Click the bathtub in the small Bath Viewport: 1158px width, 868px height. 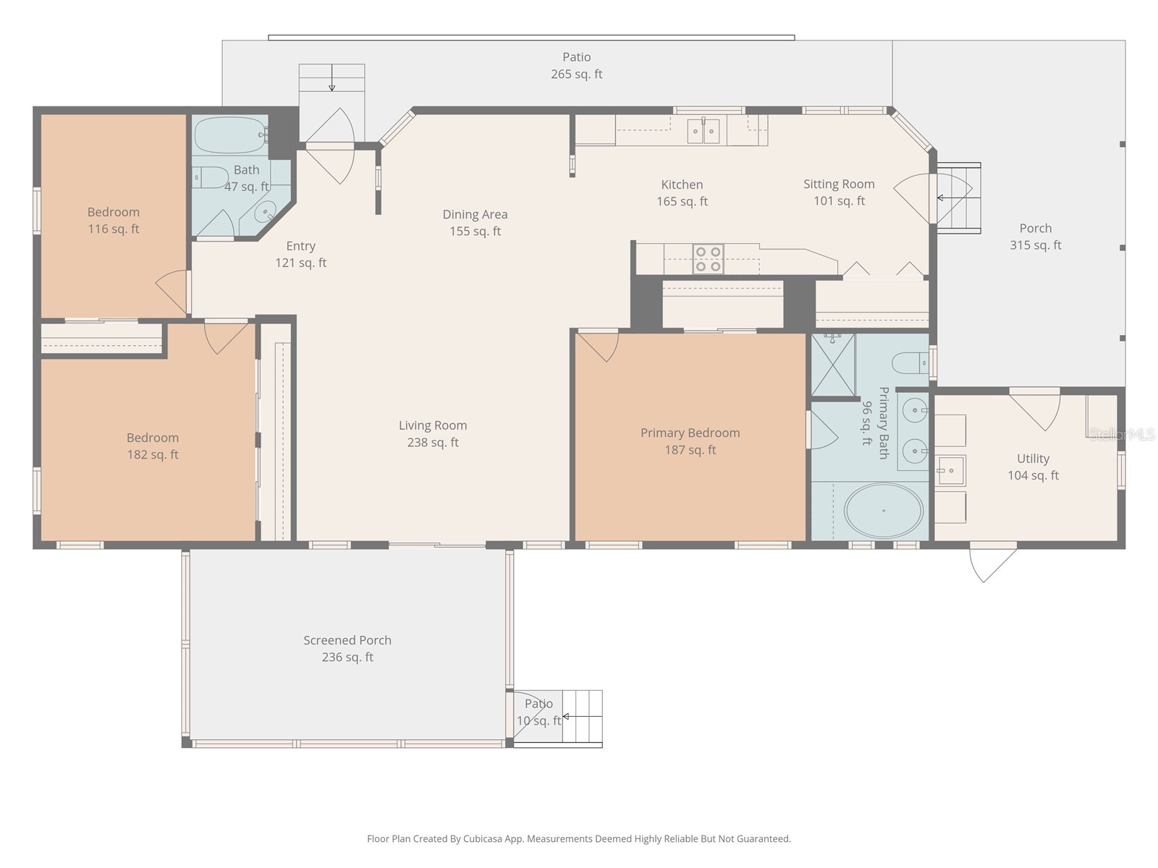(x=230, y=135)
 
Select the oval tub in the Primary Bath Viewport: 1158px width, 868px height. (x=883, y=511)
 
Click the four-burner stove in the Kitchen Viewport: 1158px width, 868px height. (x=708, y=259)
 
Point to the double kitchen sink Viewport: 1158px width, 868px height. (x=703, y=131)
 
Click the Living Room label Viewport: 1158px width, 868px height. (x=433, y=425)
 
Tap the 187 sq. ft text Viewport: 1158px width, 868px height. (x=690, y=450)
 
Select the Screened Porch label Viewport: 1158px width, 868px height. (x=347, y=640)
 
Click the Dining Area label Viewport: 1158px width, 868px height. (x=475, y=214)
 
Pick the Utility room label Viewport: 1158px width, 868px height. (x=1033, y=459)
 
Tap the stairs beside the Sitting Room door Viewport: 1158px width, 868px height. (x=959, y=197)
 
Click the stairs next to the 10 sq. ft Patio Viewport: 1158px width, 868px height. (x=583, y=716)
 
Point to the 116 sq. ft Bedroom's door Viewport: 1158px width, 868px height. (x=172, y=292)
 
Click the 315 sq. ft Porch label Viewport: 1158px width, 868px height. (x=1035, y=229)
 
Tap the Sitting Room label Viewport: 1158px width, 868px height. (x=839, y=184)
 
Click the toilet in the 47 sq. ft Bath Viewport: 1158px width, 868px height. (x=210, y=177)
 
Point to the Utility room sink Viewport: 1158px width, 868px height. (x=950, y=471)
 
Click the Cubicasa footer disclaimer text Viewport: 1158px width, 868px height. (x=578, y=839)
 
